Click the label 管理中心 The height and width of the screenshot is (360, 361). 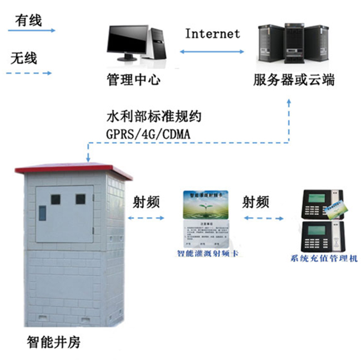(x=133, y=80)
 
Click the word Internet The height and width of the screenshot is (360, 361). (x=212, y=33)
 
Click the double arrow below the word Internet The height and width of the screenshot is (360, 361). (x=212, y=52)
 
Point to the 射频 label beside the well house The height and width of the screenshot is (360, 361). (x=147, y=202)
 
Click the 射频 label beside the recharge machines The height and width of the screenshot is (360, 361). (x=256, y=202)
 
